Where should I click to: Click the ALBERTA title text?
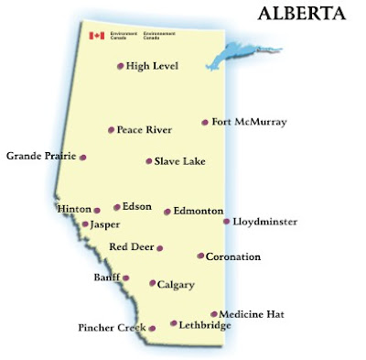(301, 15)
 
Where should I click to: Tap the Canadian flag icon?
(95, 37)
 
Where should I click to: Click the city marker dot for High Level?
(121, 66)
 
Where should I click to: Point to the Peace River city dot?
(111, 130)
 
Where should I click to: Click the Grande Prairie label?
(40, 157)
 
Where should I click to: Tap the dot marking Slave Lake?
(148, 161)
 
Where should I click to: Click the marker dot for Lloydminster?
(227, 221)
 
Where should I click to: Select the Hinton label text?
(74, 209)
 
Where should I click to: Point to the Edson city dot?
(116, 207)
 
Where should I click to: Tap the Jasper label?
(105, 224)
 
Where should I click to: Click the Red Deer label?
(131, 247)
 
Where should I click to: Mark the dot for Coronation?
(200, 256)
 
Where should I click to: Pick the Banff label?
(106, 277)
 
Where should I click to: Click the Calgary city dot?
(152, 284)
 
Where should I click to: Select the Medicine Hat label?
(252, 314)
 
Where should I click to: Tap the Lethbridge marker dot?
(174, 322)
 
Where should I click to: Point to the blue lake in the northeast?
(229, 55)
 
